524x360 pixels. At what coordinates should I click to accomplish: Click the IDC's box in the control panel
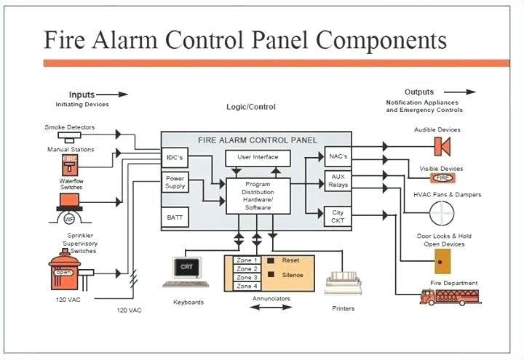174,157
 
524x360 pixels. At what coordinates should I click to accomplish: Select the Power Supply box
175,182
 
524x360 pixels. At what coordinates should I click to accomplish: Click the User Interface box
257,158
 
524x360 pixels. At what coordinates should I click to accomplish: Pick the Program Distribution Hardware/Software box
258,196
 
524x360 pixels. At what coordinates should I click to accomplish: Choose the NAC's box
337,156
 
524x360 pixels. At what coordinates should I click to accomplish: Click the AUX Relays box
338,181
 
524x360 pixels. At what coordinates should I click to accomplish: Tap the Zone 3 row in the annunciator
247,277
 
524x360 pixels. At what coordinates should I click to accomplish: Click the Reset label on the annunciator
290,260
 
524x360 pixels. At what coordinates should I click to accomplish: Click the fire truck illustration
450,296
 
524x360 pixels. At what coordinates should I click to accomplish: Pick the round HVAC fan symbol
442,214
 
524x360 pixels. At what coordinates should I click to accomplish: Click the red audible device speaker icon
440,146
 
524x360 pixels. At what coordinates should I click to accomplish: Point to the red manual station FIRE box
70,162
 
